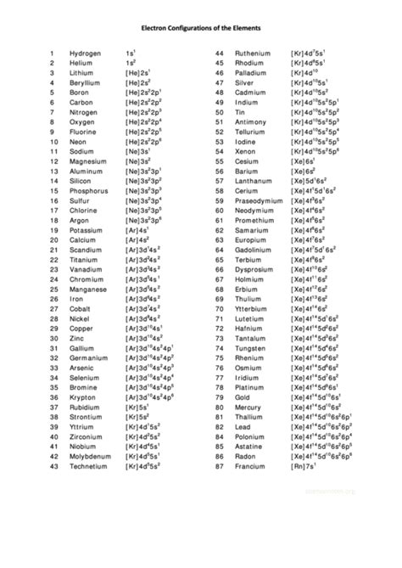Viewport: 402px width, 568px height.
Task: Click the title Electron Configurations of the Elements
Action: [200, 26]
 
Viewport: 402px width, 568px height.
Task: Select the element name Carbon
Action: [82, 102]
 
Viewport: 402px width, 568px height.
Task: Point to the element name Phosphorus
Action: [89, 191]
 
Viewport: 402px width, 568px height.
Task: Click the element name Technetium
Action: [90, 466]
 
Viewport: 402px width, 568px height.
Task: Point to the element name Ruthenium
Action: [254, 53]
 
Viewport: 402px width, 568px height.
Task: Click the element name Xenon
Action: [246, 151]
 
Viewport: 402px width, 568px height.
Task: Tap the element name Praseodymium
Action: [260, 200]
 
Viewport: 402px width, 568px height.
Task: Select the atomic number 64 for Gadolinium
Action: [218, 250]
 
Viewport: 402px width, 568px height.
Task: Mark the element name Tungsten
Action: [252, 348]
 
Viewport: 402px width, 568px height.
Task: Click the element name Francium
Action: [252, 466]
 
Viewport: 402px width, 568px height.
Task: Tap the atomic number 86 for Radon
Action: [218, 457]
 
